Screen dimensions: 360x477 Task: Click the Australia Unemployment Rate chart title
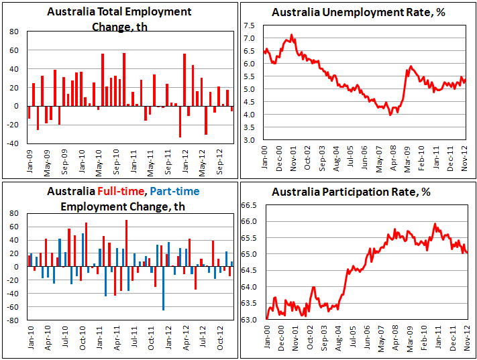coord(357,13)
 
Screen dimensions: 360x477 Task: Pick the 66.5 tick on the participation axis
coord(250,205)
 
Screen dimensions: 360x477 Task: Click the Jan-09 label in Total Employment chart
coord(29,158)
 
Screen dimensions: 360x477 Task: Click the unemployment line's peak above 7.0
coord(291,35)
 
